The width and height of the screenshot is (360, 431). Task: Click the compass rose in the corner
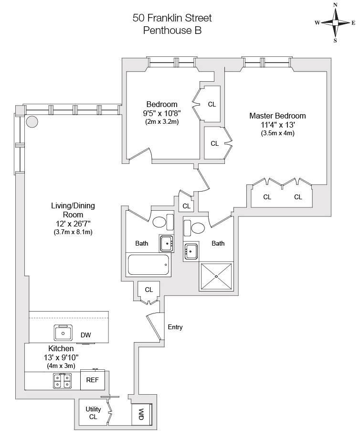click(335, 22)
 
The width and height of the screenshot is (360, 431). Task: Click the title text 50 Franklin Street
click(172, 19)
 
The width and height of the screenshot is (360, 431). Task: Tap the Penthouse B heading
click(172, 31)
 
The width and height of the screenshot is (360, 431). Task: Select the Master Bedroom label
click(277, 116)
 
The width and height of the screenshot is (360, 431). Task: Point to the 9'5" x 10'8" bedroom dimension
click(162, 113)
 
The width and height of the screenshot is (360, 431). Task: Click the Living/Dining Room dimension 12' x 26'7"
click(73, 224)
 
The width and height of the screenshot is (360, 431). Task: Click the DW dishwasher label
click(86, 335)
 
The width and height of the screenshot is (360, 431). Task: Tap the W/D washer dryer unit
click(142, 413)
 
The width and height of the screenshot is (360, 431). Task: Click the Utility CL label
click(93, 413)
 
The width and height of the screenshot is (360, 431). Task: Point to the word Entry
click(175, 327)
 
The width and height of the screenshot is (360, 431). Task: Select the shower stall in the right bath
click(216, 277)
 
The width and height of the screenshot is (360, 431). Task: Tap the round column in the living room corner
click(32, 121)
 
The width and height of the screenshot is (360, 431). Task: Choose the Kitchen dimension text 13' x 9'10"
click(61, 357)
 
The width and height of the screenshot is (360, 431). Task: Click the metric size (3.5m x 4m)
click(277, 133)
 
